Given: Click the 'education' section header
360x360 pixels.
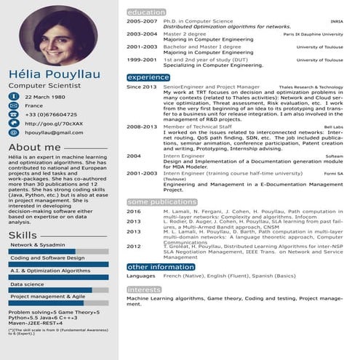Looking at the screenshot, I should [x=145, y=13].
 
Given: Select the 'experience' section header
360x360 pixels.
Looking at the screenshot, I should [x=148, y=77].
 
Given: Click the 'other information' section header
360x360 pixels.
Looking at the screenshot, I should [x=161, y=267].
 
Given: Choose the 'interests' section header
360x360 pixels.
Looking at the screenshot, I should [x=144, y=289].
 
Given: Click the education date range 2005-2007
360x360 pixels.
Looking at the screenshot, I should [x=141, y=23].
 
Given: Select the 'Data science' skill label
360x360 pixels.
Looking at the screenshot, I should [x=28, y=284].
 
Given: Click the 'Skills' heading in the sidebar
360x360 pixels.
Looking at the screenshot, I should [x=23, y=234].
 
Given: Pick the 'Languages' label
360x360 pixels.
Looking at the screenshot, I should [x=141, y=276].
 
